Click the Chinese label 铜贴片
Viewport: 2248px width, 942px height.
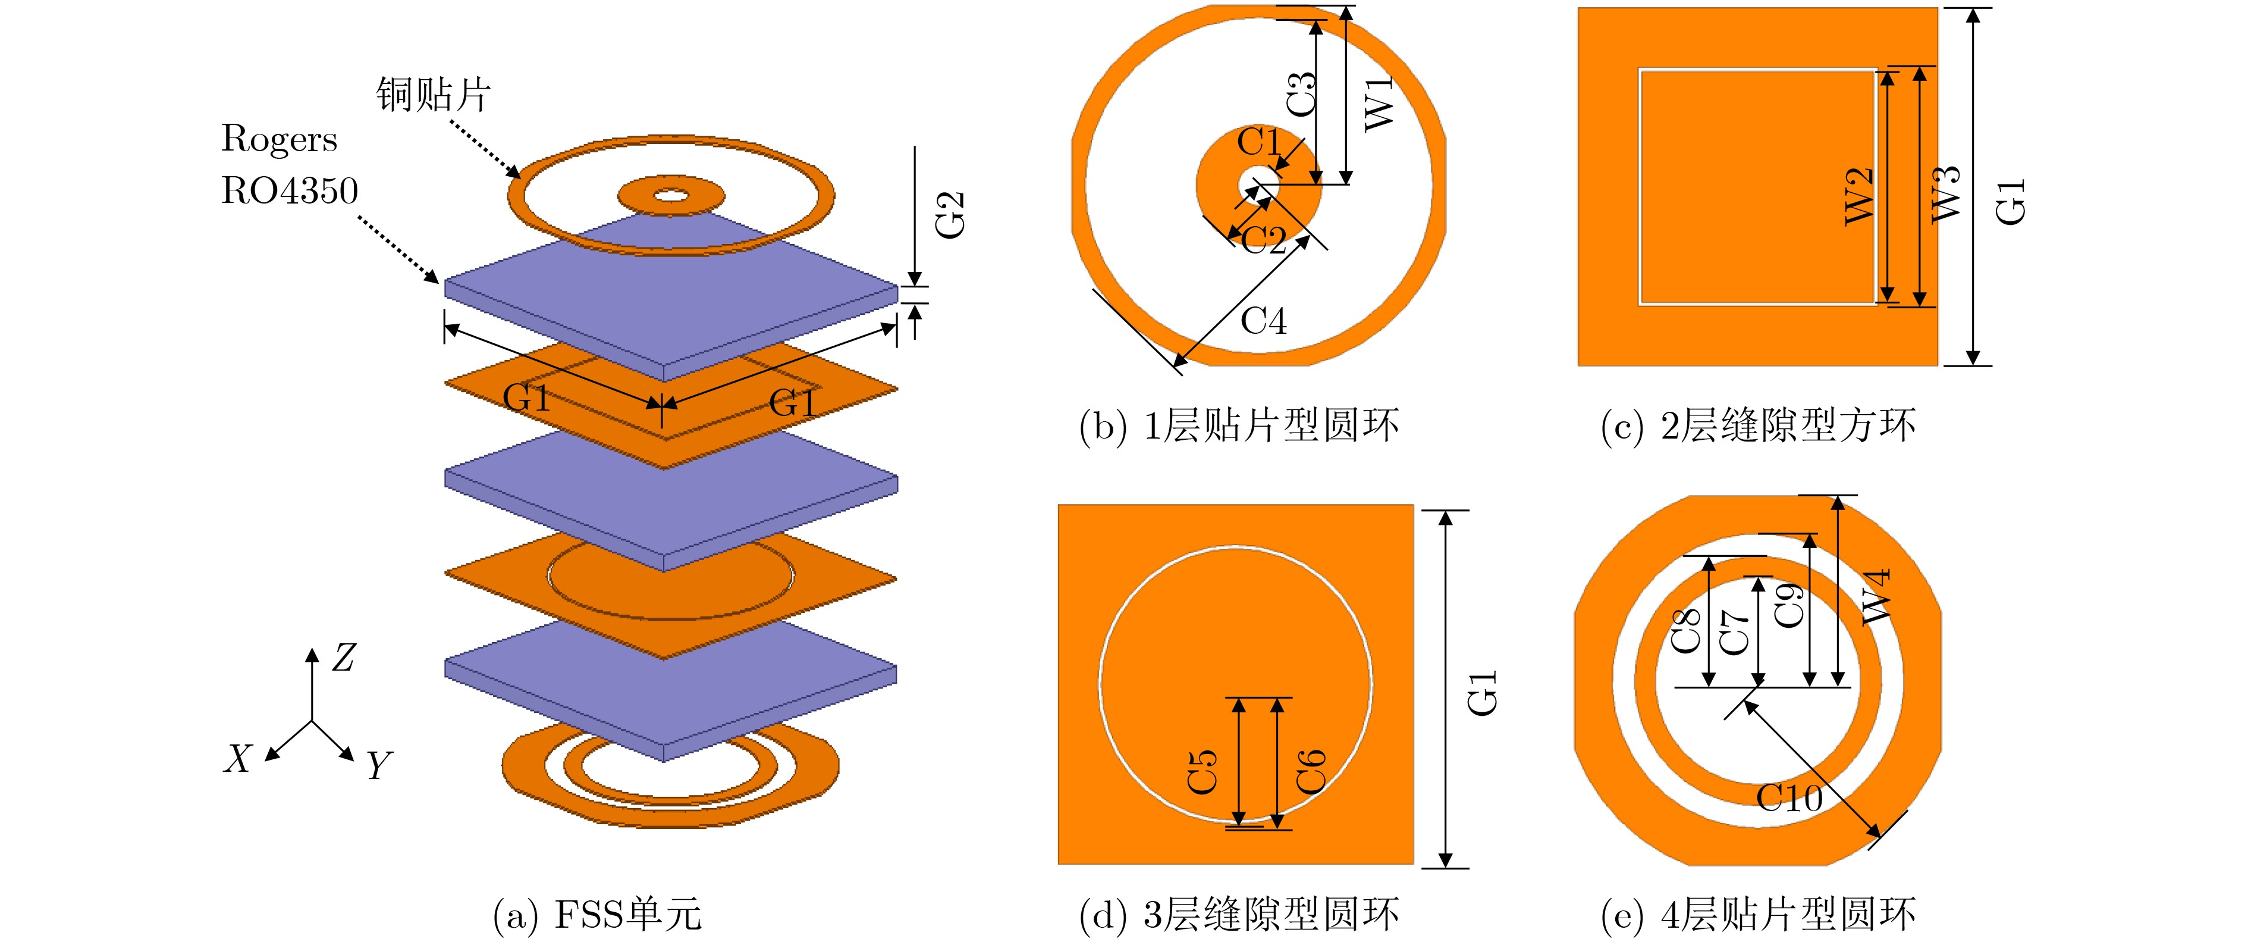coord(434,94)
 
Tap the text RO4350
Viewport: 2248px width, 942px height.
coord(289,190)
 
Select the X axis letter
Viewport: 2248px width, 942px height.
coord(237,759)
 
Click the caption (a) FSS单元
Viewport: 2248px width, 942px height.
coord(597,914)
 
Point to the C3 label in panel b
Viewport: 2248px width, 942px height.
coord(1301,93)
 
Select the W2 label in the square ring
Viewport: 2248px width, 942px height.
coord(1859,196)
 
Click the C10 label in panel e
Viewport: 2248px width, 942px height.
coord(1789,797)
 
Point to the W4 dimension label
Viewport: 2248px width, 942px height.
coord(1876,597)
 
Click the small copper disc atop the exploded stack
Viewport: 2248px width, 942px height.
coord(670,195)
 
